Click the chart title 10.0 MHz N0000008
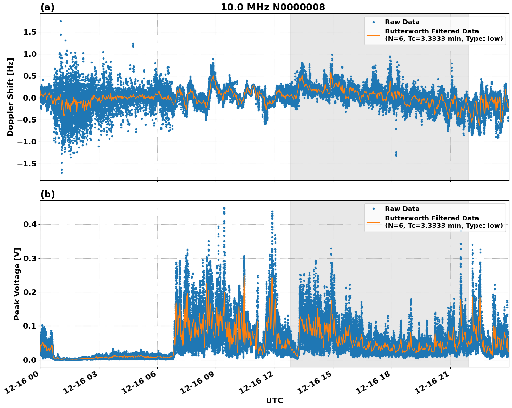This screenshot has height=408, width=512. coord(273,7)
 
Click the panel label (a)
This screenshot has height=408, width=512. coord(47,7)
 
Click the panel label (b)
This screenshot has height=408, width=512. coord(47,194)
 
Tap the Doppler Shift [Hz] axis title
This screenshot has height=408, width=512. coord(10,97)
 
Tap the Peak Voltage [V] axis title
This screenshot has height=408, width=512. coord(17,284)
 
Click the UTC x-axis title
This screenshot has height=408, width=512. coord(274,400)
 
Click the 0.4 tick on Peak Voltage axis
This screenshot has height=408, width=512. coord(30,225)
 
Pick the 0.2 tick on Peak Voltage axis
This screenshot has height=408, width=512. coord(30,292)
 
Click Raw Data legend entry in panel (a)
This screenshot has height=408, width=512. coord(402,22)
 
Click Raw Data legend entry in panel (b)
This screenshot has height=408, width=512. coord(402,209)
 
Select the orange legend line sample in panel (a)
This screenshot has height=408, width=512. coord(373,35)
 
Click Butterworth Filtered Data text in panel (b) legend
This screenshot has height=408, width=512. coord(432,218)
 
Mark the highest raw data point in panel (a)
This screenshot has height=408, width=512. coord(61,21)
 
